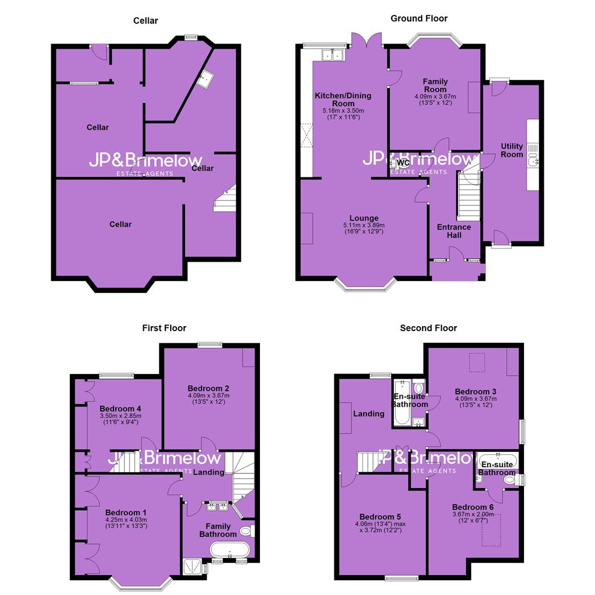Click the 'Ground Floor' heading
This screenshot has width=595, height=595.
[x=419, y=18]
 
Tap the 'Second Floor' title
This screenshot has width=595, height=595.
[x=429, y=328]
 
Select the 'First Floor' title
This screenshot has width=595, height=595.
[x=164, y=328]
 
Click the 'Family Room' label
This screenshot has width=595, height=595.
[x=435, y=85]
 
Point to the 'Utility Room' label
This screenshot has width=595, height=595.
[x=512, y=150]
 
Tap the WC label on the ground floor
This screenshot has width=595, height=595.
[x=403, y=163]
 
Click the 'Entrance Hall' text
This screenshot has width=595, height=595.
[x=454, y=231]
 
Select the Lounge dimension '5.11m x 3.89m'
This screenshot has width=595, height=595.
[x=364, y=225]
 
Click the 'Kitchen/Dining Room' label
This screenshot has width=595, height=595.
[x=343, y=99]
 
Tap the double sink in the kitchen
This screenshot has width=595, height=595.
[x=333, y=55]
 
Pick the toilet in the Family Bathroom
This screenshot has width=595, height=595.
[x=247, y=531]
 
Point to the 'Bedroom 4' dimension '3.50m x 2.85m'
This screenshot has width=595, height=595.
[x=121, y=416]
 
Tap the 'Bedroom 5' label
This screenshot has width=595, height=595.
[x=380, y=517]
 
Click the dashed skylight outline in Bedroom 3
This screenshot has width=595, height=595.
[x=477, y=363]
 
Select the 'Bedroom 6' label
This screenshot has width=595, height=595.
[x=473, y=507]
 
